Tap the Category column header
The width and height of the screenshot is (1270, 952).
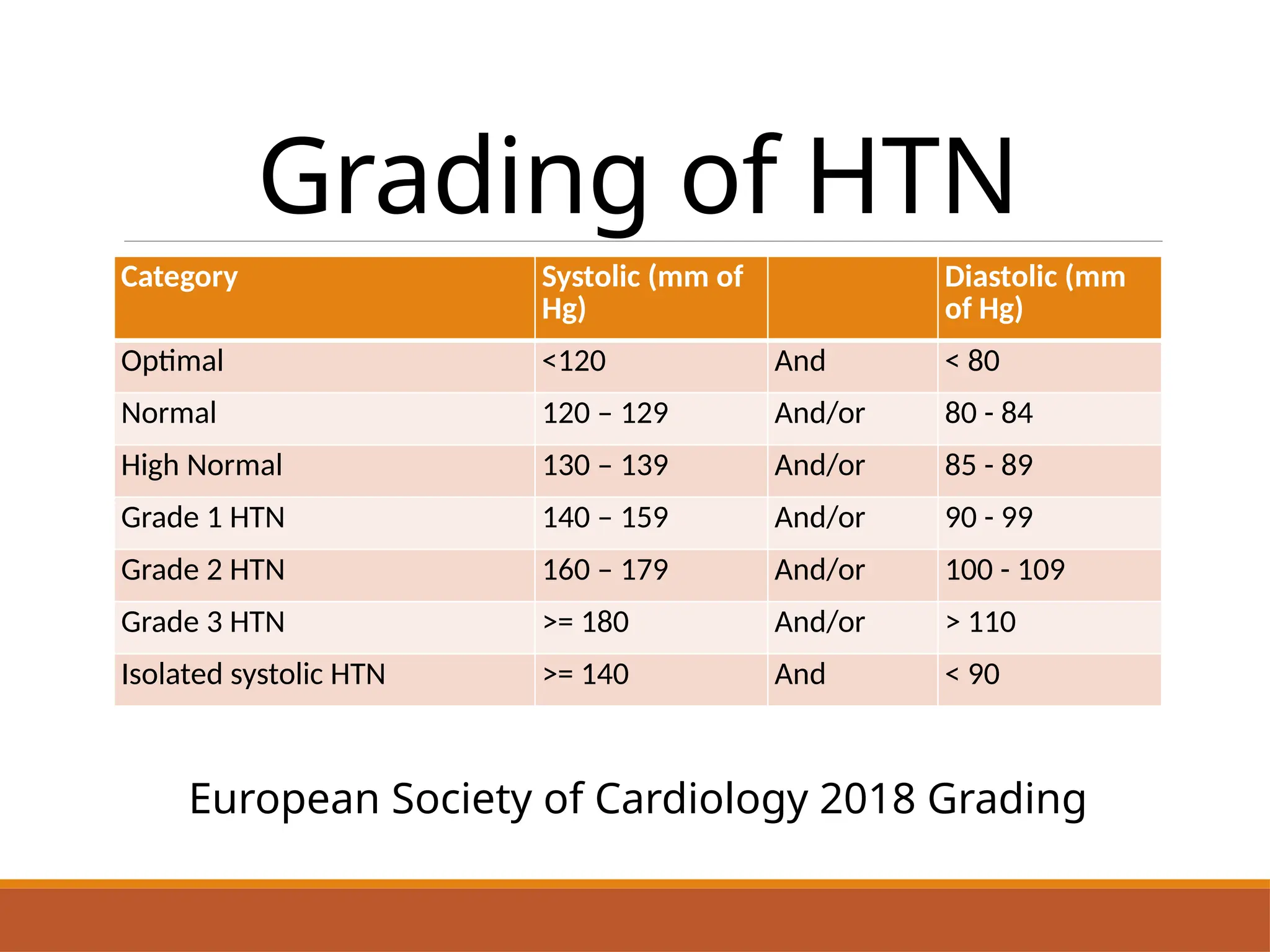pos(179,276)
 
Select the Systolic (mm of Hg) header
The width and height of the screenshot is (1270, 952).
pos(642,293)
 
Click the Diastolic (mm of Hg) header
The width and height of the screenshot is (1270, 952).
pos(1034,293)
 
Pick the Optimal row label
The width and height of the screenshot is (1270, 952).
pos(172,361)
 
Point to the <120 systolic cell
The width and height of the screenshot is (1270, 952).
pos(574,361)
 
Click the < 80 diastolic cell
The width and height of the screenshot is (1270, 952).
pos(972,361)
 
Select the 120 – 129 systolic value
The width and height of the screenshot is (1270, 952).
pos(605,413)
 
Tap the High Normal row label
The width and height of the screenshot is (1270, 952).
pos(202,465)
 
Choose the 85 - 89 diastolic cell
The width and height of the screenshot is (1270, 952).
pos(988,465)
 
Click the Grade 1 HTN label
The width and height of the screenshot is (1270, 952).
pos(203,518)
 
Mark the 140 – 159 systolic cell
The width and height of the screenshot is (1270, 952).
pos(605,518)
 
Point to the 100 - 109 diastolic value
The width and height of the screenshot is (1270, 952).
pos(1005,570)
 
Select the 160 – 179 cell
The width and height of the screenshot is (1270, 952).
pos(605,570)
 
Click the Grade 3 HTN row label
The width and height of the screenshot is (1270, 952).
pos(203,622)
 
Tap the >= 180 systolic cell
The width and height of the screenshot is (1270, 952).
pos(585,622)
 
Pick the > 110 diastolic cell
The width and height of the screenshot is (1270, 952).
pos(980,622)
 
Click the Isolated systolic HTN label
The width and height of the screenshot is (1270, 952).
pos(253,674)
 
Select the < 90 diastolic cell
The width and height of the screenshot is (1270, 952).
pos(972,674)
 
